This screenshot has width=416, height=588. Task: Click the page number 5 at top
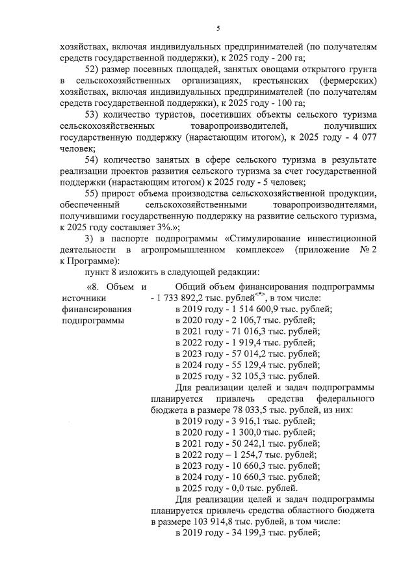coord(219,28)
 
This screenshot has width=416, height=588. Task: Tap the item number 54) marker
coord(94,159)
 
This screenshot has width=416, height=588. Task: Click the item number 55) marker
coord(94,193)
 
